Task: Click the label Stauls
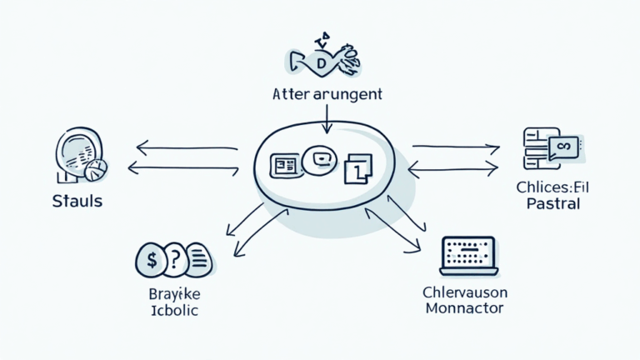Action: coord(77,201)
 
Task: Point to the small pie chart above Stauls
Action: coord(95,170)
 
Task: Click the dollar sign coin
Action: coord(151,259)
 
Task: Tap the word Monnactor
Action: coord(465,308)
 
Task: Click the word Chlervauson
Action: coord(465,292)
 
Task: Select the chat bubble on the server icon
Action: coord(562,147)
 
